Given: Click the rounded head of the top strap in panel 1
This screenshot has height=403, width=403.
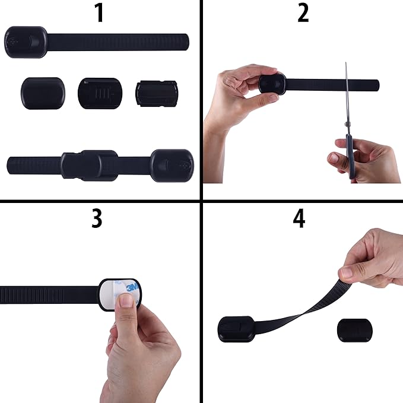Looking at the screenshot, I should click(26, 42).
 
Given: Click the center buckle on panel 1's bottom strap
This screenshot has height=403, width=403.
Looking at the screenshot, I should click(89, 165).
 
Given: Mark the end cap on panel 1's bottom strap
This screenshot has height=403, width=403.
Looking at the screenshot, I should click(172, 164).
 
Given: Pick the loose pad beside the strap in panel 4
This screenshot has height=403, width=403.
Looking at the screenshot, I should click(354, 329).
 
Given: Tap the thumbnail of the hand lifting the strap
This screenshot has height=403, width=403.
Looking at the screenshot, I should click(350, 272).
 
